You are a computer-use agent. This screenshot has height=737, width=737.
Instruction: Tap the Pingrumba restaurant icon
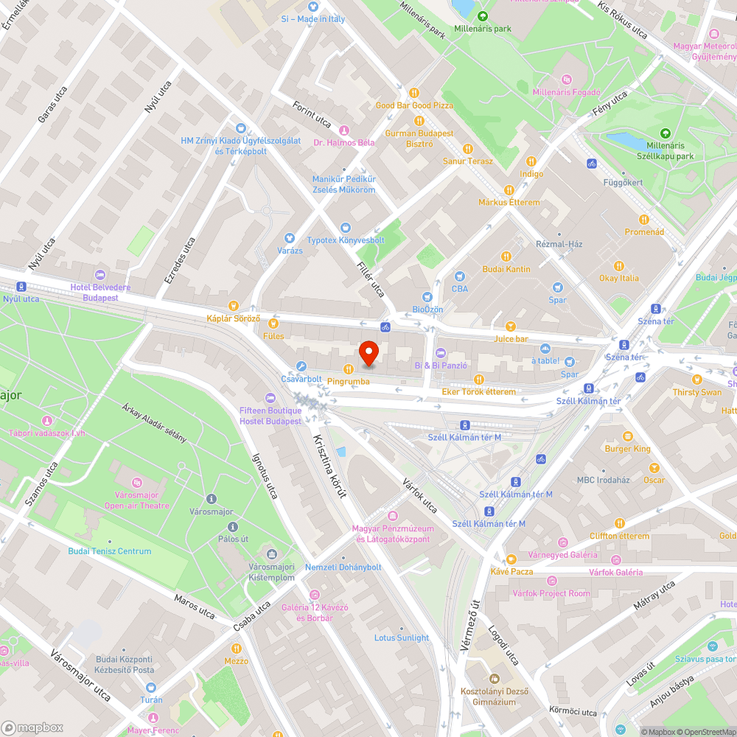[348, 368]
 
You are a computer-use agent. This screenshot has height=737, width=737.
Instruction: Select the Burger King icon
[627, 436]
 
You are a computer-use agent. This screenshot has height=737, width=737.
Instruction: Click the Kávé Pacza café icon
[511, 559]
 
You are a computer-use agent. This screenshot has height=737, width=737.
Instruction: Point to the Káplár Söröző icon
[234, 305]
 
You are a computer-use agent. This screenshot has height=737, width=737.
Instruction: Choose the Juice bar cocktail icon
[511, 326]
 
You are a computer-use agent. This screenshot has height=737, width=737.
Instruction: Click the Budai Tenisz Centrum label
[110, 551]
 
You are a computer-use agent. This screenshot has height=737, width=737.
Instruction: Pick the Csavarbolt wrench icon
[301, 366]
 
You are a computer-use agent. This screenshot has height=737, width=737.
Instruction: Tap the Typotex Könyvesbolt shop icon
[345, 228]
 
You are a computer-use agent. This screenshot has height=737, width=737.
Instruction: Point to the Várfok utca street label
[420, 496]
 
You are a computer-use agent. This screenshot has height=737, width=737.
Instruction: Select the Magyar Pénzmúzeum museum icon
[393, 516]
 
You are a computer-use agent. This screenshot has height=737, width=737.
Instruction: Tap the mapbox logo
[32, 727]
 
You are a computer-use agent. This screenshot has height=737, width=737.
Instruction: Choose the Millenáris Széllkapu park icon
[666, 133]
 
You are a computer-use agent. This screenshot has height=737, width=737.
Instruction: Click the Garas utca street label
[52, 103]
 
